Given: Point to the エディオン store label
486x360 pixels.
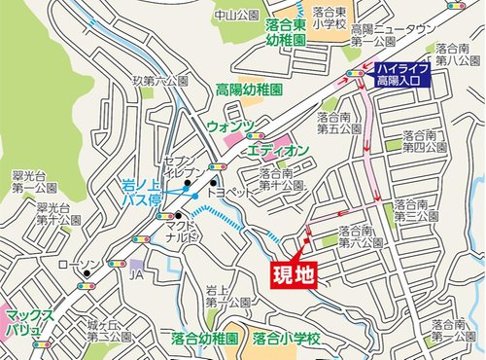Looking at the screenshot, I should pyautogui.click(x=278, y=149).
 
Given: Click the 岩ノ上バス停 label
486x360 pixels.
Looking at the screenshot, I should pyautogui.click(x=145, y=190).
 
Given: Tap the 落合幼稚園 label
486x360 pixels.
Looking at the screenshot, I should pyautogui.click(x=204, y=341).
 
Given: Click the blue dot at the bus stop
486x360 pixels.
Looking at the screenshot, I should pyautogui.click(x=195, y=198).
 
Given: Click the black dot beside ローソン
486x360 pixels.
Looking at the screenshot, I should pyautogui.click(x=87, y=274).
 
